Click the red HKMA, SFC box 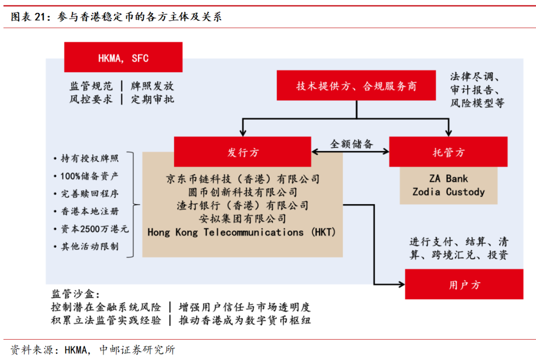pyautogui.click(x=123, y=58)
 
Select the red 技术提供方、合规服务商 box pyautogui.click(x=356, y=86)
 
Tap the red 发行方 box pyautogui.click(x=243, y=152)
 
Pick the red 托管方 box pyautogui.click(x=448, y=152)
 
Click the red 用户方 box pyautogui.click(x=464, y=285)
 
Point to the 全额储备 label pyautogui.click(x=351, y=144)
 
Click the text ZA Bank pyautogui.click(x=449, y=179)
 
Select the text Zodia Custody pyautogui.click(x=449, y=192)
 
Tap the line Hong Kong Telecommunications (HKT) pyautogui.click(x=242, y=232)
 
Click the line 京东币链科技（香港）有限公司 pyautogui.click(x=243, y=179)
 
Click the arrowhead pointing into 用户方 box pyautogui.click(x=402, y=285)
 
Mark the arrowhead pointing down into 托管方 pyautogui.click(x=448, y=133)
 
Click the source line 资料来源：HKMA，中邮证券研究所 pyautogui.click(x=93, y=350)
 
